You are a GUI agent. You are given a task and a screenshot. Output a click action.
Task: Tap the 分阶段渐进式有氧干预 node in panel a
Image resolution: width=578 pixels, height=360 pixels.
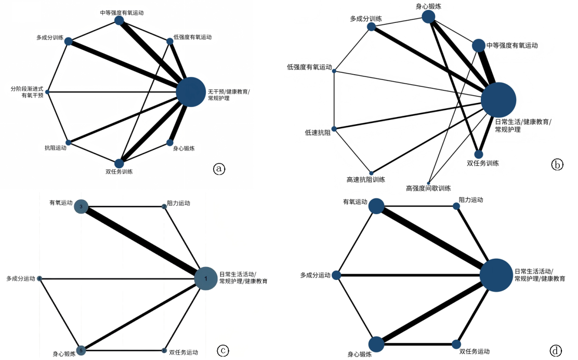pyautogui.click(x=47, y=92)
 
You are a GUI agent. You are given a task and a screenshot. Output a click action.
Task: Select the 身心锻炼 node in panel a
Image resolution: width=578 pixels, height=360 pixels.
pyautogui.click(x=170, y=142)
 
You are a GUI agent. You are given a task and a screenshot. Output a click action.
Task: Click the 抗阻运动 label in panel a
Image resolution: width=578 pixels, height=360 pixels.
pyautogui.click(x=56, y=149)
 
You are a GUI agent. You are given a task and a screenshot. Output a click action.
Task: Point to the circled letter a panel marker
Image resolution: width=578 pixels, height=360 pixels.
pyautogui.click(x=219, y=168)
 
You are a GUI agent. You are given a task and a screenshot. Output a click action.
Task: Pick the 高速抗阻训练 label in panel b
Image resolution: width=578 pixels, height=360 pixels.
pyautogui.click(x=365, y=180)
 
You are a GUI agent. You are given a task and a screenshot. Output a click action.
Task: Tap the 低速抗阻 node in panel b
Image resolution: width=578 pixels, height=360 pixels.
pyautogui.click(x=334, y=129)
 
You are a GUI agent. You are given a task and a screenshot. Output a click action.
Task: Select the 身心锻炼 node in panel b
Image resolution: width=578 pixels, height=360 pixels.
pyautogui.click(x=428, y=17)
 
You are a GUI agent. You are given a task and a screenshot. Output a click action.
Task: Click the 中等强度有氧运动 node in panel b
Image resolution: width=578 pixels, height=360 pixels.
pyautogui.click(x=478, y=46)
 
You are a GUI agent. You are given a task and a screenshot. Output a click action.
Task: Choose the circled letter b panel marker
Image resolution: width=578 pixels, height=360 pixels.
pyautogui.click(x=557, y=165)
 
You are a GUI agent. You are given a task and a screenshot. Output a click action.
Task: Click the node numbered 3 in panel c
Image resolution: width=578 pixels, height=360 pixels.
pyautogui.click(x=81, y=207)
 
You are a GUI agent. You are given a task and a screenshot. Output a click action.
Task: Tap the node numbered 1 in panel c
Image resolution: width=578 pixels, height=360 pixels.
pyautogui.click(x=206, y=278)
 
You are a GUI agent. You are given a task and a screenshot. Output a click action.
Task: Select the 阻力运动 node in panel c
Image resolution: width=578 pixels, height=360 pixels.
pyautogui.click(x=164, y=206)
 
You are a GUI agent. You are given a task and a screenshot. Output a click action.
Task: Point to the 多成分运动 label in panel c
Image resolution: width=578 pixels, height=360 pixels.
pyautogui.click(x=21, y=279)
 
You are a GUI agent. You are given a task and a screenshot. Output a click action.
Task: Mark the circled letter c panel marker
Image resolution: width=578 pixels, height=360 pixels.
pyautogui.click(x=223, y=351)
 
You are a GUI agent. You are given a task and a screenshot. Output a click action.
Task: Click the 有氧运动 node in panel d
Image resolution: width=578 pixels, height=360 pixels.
pyautogui.click(x=376, y=206)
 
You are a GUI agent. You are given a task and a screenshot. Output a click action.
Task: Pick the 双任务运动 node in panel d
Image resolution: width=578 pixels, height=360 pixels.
pyautogui.click(x=456, y=344)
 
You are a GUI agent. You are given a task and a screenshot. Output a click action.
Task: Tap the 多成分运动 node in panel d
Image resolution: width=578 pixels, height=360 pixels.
pyautogui.click(x=336, y=275)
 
